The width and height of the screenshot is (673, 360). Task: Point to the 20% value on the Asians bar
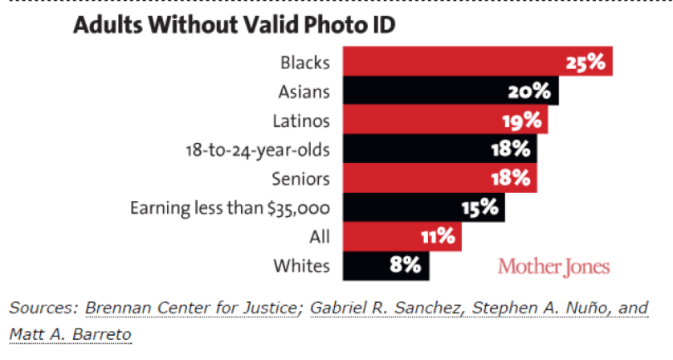pos(529,92)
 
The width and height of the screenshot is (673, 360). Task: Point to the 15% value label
pos(482,208)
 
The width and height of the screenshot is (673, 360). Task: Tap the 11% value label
pos(438,237)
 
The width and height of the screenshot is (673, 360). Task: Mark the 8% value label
pos(406,266)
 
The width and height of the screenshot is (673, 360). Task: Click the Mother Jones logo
pos(553,267)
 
